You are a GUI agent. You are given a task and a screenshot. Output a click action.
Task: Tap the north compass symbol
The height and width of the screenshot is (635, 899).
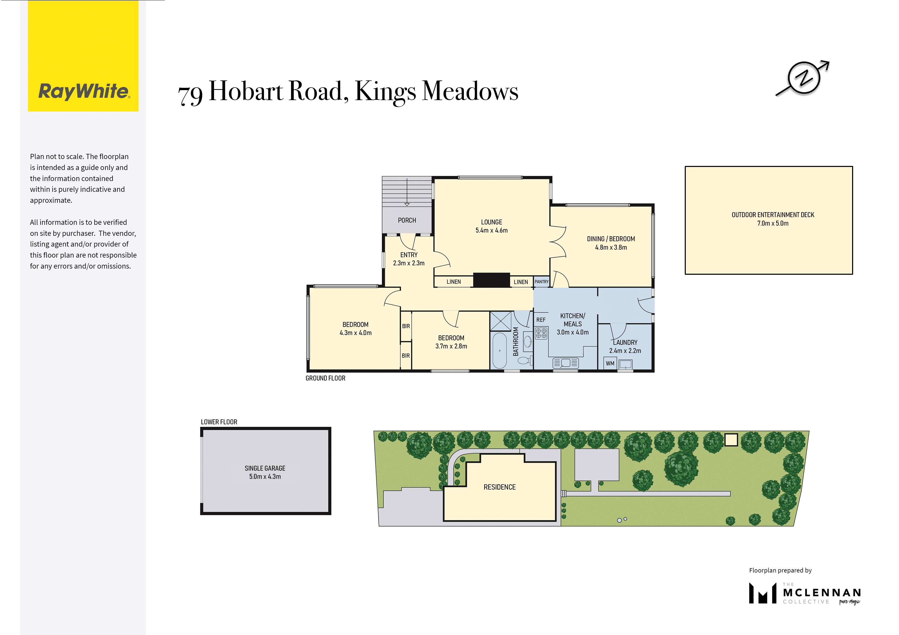(802, 78)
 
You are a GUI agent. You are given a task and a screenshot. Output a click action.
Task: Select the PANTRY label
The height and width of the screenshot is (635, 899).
(542, 282)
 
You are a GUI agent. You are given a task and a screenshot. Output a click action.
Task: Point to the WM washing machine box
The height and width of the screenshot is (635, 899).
(610, 364)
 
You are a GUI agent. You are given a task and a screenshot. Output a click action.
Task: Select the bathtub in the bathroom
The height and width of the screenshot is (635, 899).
(500, 350)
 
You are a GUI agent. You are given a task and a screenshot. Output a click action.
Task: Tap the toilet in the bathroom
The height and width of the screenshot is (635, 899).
(525, 359)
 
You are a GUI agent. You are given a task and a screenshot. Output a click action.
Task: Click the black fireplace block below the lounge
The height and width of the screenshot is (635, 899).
(491, 280)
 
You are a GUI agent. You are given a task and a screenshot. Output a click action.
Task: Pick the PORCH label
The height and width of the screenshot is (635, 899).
(407, 220)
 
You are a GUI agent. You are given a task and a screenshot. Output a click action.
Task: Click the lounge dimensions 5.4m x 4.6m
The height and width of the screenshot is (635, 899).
(491, 230)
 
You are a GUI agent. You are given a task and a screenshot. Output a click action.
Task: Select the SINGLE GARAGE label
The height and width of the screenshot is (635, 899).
(265, 468)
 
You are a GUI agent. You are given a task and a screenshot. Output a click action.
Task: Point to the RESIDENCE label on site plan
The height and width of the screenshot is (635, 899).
(500, 487)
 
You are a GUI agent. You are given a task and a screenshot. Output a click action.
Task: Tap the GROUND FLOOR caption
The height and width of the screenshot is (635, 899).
(325, 378)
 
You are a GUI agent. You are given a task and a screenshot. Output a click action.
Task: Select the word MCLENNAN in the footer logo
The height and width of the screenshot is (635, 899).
(821, 593)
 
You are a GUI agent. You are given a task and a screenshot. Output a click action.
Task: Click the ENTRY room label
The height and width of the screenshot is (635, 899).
(409, 255)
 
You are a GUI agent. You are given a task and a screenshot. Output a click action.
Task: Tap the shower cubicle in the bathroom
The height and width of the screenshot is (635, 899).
(501, 321)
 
